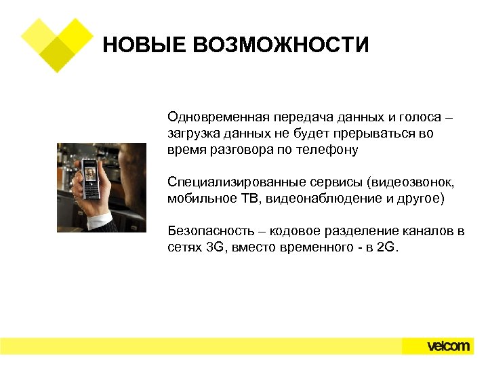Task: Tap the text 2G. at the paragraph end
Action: [388, 248]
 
